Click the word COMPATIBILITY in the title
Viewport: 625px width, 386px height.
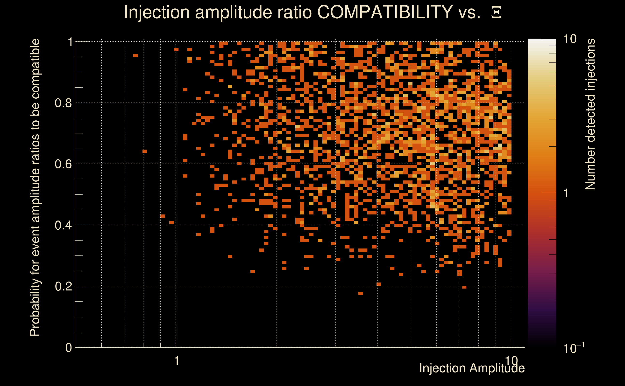(385, 12)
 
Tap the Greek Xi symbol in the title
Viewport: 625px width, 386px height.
(496, 13)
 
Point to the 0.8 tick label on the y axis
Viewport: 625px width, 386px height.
(63, 103)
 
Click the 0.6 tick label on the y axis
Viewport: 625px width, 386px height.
(63, 164)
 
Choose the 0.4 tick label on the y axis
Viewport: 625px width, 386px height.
(63, 225)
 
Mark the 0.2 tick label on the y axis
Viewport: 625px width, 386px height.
(63, 286)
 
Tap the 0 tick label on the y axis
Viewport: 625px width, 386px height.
(69, 348)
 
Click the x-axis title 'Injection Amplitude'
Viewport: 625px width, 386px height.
(472, 368)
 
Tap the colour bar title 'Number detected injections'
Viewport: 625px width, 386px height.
(590, 114)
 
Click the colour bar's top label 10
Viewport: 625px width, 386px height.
(570, 39)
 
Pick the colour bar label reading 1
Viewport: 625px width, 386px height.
(566, 193)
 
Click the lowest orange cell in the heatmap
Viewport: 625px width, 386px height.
(361, 293)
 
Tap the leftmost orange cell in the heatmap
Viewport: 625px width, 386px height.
(136, 55)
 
